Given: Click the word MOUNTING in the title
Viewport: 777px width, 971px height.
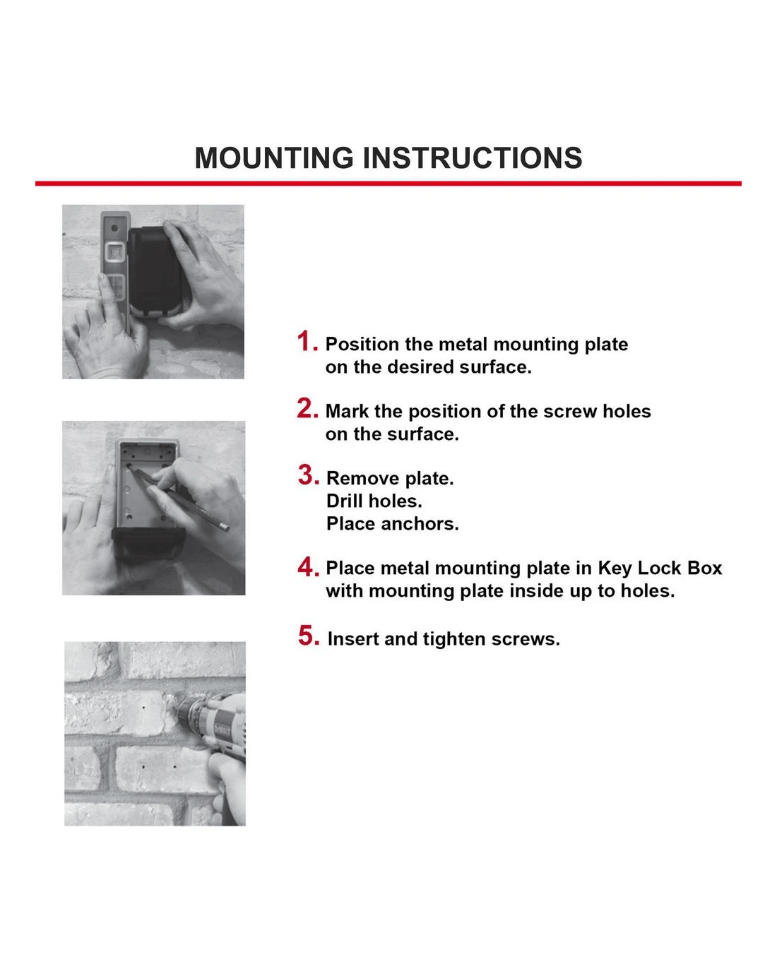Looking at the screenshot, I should coord(274,158).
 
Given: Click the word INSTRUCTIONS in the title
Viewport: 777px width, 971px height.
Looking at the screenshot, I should coord(473,158).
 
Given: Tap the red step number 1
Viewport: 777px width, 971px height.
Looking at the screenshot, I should coord(307,342).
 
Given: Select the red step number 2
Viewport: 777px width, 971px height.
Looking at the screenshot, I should coord(307,409).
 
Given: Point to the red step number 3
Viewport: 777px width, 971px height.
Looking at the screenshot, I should coord(308,475).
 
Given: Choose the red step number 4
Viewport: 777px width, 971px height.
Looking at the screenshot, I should coord(308,566).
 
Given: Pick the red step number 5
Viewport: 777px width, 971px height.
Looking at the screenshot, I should coord(308,636).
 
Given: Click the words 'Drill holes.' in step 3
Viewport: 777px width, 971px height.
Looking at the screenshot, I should coord(374,501).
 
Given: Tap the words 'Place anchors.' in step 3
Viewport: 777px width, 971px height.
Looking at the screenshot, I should coord(392,524).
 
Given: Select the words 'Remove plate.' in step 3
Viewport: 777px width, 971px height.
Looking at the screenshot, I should coord(390,479).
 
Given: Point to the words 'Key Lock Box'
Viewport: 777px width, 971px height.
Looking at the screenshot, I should coord(660,568).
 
